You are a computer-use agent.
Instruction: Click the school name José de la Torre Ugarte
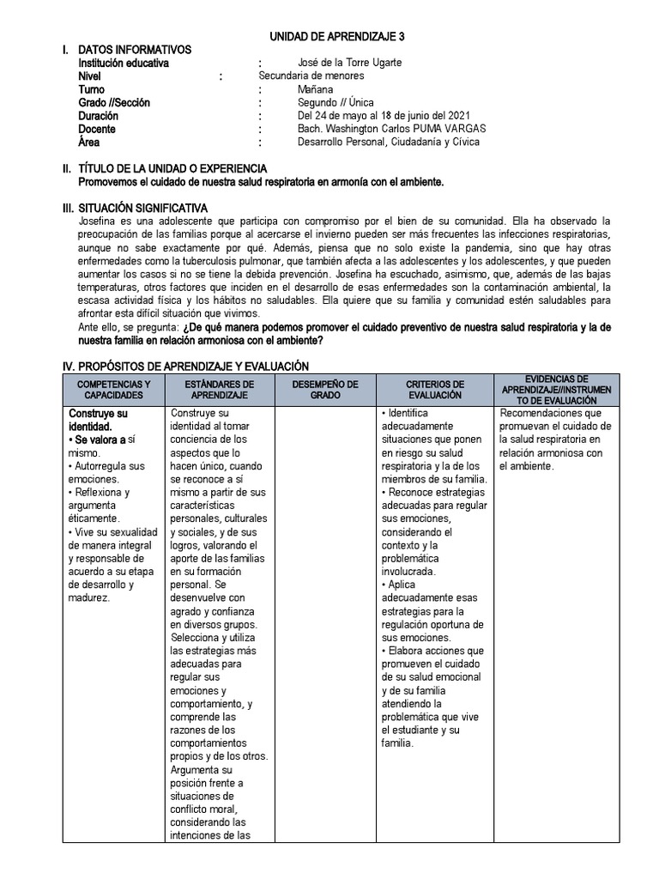349,63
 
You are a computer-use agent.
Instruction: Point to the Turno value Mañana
316,89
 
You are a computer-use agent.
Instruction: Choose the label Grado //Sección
114,102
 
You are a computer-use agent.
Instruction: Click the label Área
89,142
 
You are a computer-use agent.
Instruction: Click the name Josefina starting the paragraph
100,221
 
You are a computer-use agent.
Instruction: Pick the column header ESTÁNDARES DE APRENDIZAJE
220,389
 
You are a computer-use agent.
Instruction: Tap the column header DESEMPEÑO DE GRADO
325,389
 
